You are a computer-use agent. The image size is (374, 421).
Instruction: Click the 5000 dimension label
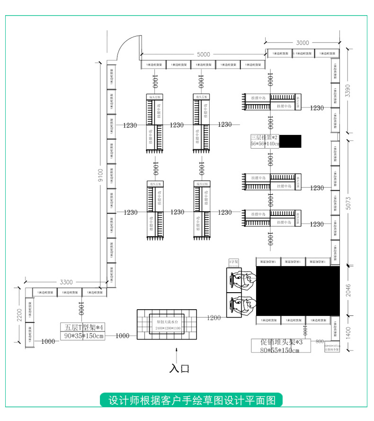(204, 54)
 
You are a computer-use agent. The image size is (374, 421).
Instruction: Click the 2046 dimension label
(348, 289)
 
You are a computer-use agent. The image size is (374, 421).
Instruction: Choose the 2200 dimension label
(19, 315)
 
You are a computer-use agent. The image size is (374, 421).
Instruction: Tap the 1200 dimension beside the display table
(214, 317)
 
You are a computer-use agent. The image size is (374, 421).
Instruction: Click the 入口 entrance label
(179, 368)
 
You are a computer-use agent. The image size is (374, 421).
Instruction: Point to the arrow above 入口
(177, 353)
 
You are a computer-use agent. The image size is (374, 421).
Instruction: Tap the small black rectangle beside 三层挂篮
(290, 141)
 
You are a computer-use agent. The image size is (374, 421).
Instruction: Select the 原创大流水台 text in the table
(166, 322)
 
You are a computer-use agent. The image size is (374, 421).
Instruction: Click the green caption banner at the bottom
(191, 400)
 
